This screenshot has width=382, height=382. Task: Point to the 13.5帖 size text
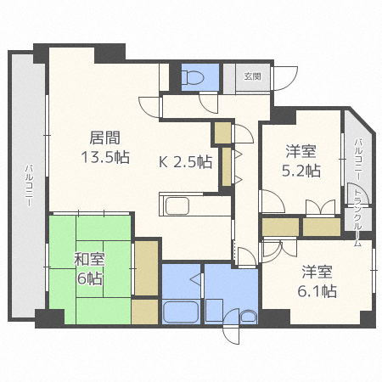(x=105, y=157)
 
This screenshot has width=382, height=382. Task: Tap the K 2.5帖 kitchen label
(x=185, y=162)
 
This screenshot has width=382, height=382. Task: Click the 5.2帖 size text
(x=301, y=170)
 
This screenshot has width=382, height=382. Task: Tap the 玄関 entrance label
(x=253, y=76)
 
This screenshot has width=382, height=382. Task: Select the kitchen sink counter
(x=178, y=205)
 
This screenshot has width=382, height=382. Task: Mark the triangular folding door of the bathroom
(x=194, y=278)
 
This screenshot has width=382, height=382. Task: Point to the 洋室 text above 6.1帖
(x=318, y=272)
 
